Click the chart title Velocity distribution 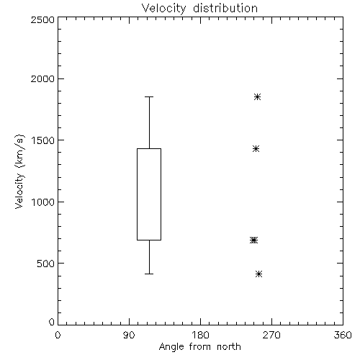(x=199, y=9)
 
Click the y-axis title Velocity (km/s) (x=19, y=171)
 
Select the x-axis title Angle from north (x=199, y=347)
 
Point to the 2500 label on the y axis (x=42, y=19)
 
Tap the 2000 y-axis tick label (x=42, y=78)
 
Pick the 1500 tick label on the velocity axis (x=43, y=140)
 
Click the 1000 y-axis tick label (x=43, y=202)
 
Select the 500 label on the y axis (x=46, y=264)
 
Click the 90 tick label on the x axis (x=129, y=335)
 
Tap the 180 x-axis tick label (x=200, y=335)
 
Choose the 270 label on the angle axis (x=271, y=335)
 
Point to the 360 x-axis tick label (x=343, y=335)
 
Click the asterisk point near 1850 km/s (x=258, y=97)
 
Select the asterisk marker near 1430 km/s (x=256, y=149)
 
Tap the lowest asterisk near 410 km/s (x=259, y=274)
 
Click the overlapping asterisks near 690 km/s (x=253, y=240)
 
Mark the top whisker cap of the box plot (x=149, y=97)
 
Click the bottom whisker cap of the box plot (x=149, y=274)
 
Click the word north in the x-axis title (x=229, y=347)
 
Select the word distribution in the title (x=225, y=9)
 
